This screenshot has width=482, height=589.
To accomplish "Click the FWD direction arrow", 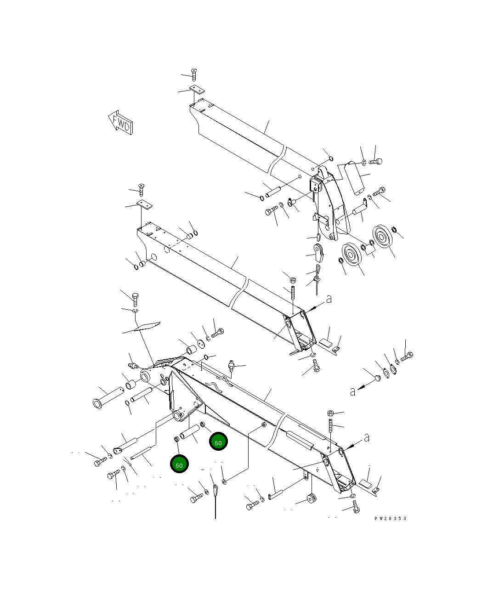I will pos(120,123).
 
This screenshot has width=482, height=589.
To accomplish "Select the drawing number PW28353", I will pos(390,519).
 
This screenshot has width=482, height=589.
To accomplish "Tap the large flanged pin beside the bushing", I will pos(107,397).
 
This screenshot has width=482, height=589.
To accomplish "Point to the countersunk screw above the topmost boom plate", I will pos(193,74).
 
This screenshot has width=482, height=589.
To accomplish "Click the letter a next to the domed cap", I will pos(352,392).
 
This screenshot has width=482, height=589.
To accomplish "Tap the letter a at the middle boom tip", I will pos(328,299).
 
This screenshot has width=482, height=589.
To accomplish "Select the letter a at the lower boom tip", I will pos(366,438).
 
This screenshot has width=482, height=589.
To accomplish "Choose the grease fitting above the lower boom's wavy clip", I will pos(232,366).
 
